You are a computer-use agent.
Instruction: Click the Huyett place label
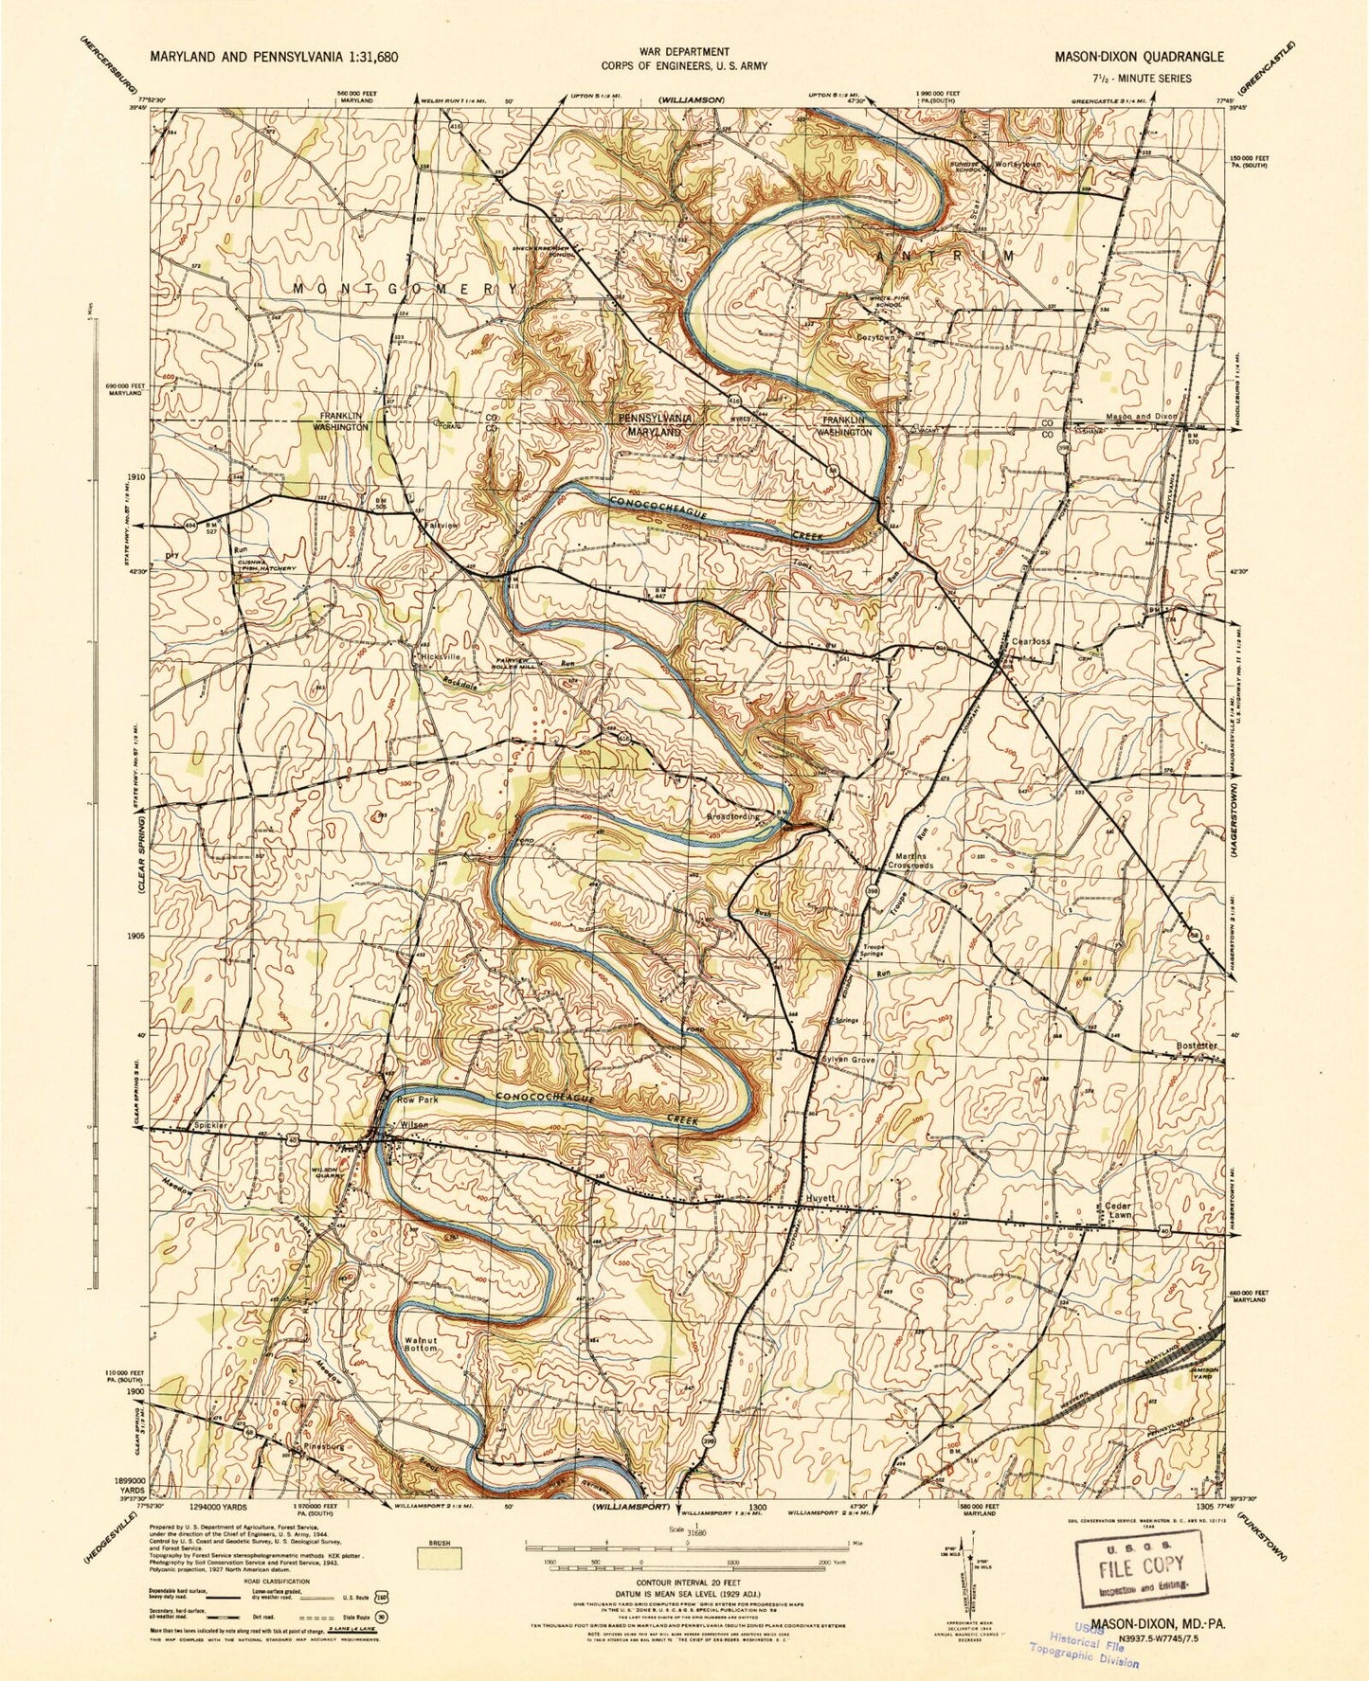click(x=818, y=1197)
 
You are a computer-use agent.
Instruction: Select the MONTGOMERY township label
click(x=406, y=287)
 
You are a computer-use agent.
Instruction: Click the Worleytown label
click(x=1017, y=164)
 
